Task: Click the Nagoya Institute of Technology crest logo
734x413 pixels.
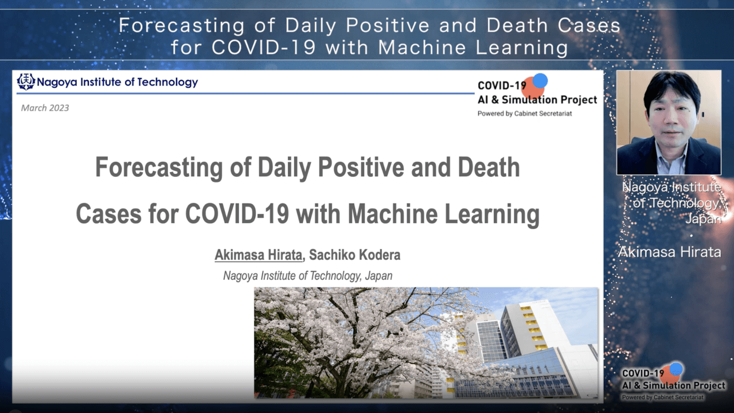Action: (x=26, y=81)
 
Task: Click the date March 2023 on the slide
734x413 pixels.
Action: (x=45, y=108)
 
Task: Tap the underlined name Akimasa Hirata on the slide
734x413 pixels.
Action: (x=258, y=255)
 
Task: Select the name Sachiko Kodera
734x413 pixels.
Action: (x=354, y=255)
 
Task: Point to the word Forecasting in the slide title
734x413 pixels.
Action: (x=159, y=167)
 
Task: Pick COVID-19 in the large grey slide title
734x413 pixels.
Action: (x=237, y=214)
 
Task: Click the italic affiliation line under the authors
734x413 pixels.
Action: (x=308, y=276)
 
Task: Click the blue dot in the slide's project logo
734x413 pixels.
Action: (x=540, y=81)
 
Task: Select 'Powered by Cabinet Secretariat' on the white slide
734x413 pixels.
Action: (x=525, y=114)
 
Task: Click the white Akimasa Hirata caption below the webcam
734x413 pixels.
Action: (x=670, y=252)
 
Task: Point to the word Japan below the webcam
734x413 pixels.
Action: (x=703, y=219)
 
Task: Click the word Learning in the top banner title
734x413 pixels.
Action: (x=522, y=48)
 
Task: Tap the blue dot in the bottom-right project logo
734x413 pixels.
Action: (x=676, y=369)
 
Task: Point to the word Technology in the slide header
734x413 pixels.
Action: (x=167, y=82)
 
